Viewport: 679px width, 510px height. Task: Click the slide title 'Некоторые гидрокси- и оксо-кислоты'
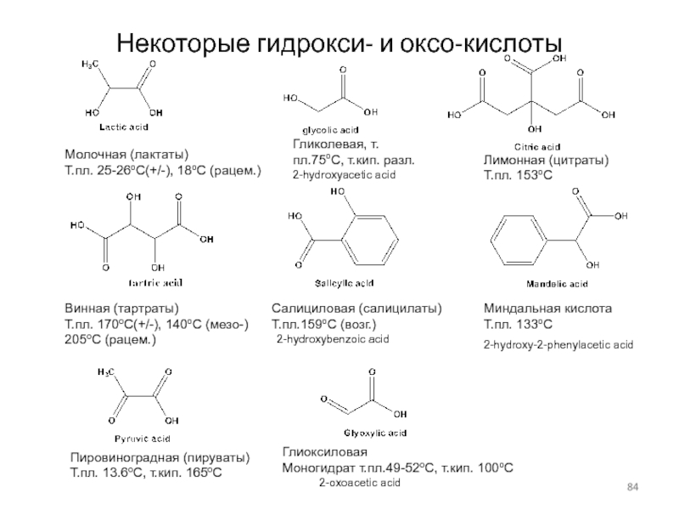point(339,41)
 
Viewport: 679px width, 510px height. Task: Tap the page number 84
point(631,486)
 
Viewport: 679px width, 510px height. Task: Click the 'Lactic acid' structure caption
point(124,127)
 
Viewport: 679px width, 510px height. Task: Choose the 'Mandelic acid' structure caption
point(555,282)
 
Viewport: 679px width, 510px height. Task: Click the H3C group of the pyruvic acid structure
point(107,371)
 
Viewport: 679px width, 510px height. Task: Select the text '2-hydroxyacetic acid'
point(344,173)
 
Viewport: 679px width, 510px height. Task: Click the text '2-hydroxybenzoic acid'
point(333,338)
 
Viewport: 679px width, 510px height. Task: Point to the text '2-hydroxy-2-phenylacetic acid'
point(558,345)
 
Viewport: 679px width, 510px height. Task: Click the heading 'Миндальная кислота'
point(547,309)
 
